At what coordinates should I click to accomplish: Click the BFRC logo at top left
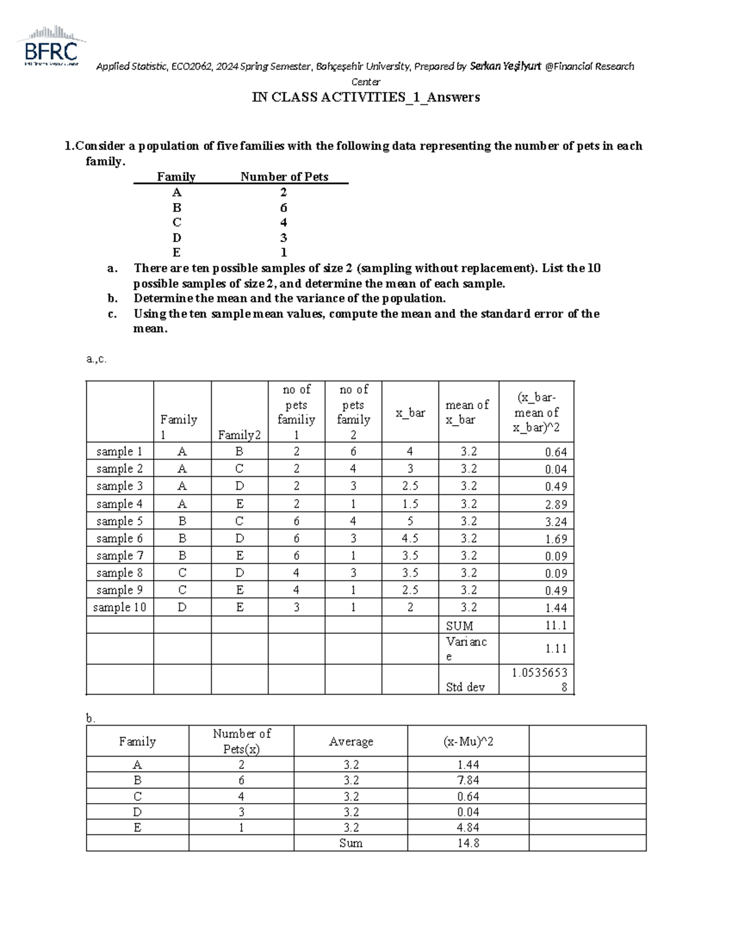click(52, 46)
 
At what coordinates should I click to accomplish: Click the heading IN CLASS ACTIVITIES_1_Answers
click(366, 98)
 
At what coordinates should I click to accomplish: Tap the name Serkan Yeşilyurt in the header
click(506, 66)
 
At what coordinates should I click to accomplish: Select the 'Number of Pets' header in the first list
click(284, 177)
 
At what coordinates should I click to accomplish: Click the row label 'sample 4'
click(119, 504)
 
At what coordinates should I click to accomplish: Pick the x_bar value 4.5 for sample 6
click(410, 538)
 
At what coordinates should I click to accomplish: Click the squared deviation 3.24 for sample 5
click(556, 521)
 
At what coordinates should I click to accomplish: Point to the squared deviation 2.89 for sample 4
click(556, 504)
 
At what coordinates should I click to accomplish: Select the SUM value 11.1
click(556, 625)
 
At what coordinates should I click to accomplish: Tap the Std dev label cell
click(465, 687)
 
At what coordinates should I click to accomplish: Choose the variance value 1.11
click(556, 648)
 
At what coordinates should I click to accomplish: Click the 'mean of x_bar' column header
click(467, 412)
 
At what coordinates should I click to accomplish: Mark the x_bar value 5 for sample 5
click(410, 521)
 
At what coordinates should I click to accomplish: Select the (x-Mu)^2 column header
click(468, 741)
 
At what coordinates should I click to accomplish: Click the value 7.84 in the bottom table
click(468, 780)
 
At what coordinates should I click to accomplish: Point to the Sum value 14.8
click(468, 843)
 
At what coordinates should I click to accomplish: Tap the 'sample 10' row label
click(120, 607)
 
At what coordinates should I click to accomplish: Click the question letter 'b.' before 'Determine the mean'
click(112, 298)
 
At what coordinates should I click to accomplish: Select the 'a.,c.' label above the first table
click(96, 359)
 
